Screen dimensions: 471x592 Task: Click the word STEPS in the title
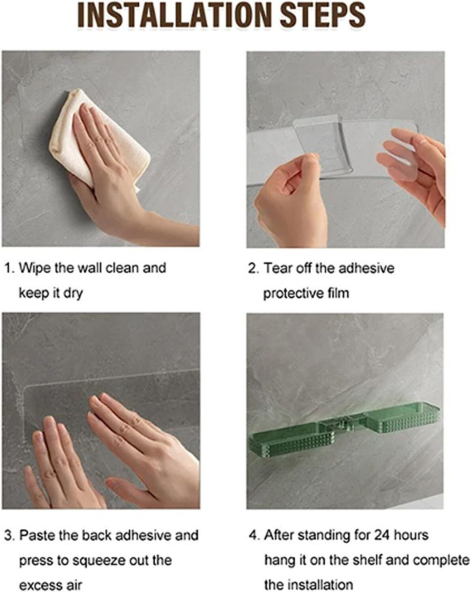pyautogui.click(x=323, y=15)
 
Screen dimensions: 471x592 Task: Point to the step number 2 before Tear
pyautogui.click(x=253, y=268)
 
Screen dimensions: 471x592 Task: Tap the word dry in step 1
pyautogui.click(x=73, y=294)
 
